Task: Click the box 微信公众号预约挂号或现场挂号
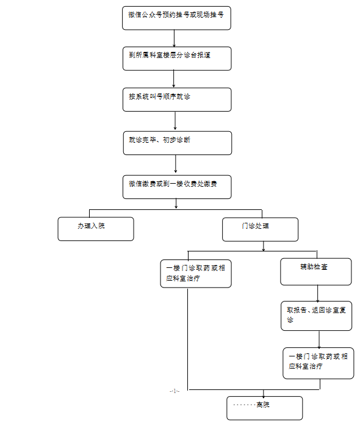coord(176,18)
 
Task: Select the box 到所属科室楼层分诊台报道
coord(177,59)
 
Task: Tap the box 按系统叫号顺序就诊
coord(177,99)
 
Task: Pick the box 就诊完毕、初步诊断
coord(178,143)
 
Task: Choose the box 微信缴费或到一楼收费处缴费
coord(177,187)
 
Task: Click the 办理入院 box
coord(96,229)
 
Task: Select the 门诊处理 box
coord(260,229)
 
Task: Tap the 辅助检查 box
coord(315,272)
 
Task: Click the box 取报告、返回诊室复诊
coord(316,316)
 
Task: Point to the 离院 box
coord(264,408)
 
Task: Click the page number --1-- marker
coord(175,391)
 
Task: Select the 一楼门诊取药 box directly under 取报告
coord(318,363)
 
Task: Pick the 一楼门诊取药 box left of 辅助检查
coord(196,273)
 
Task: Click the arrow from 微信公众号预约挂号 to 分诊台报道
coord(174,38)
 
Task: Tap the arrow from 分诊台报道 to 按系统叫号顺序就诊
coord(174,79)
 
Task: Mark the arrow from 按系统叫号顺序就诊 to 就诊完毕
coord(175,121)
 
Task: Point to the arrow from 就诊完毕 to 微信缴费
coord(176,164)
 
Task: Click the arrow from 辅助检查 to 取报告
coord(318,294)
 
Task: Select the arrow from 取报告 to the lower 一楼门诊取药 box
coord(319,339)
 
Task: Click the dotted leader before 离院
coord(245,405)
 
